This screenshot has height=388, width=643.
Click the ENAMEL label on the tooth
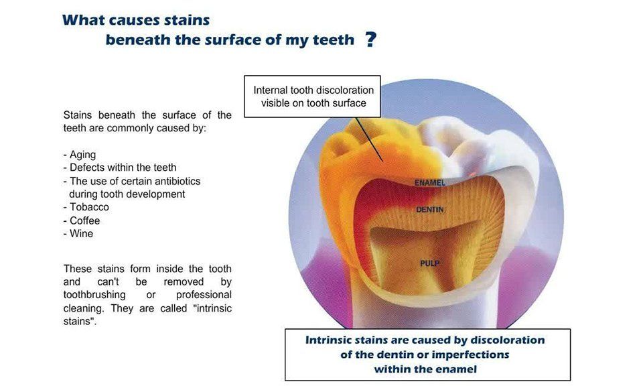[x=430, y=182]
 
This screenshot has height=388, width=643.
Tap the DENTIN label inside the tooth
[x=430, y=210]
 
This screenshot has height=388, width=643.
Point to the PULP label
[x=430, y=263]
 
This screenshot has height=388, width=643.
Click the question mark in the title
[x=370, y=40]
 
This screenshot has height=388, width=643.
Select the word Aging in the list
[x=83, y=155]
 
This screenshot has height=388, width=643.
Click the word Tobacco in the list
[x=89, y=207]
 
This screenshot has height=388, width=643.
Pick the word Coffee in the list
[x=85, y=220]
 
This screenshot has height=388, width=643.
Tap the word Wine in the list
[x=81, y=234]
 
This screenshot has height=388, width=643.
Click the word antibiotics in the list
[x=176, y=182]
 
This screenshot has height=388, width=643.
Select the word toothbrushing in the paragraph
[x=94, y=296]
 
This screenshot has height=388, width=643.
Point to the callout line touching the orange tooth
[x=370, y=139]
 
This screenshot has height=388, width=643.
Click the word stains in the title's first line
[x=187, y=20]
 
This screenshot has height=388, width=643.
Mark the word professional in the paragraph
[x=204, y=296]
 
